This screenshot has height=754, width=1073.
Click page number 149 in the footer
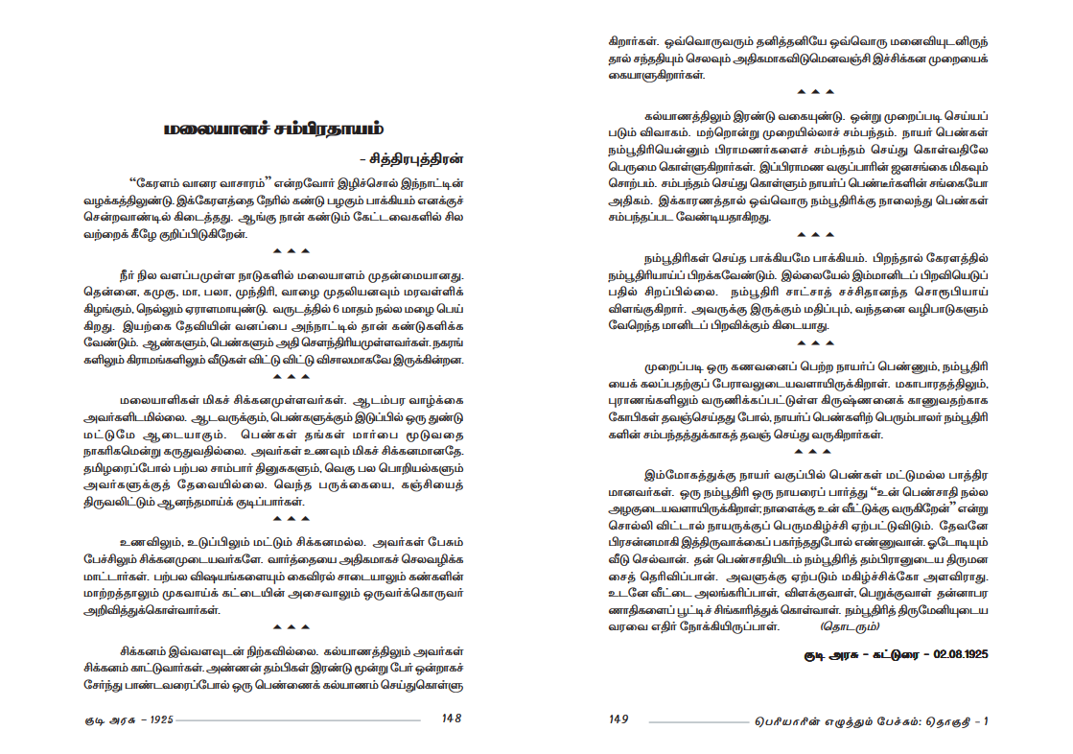pos(619,719)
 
